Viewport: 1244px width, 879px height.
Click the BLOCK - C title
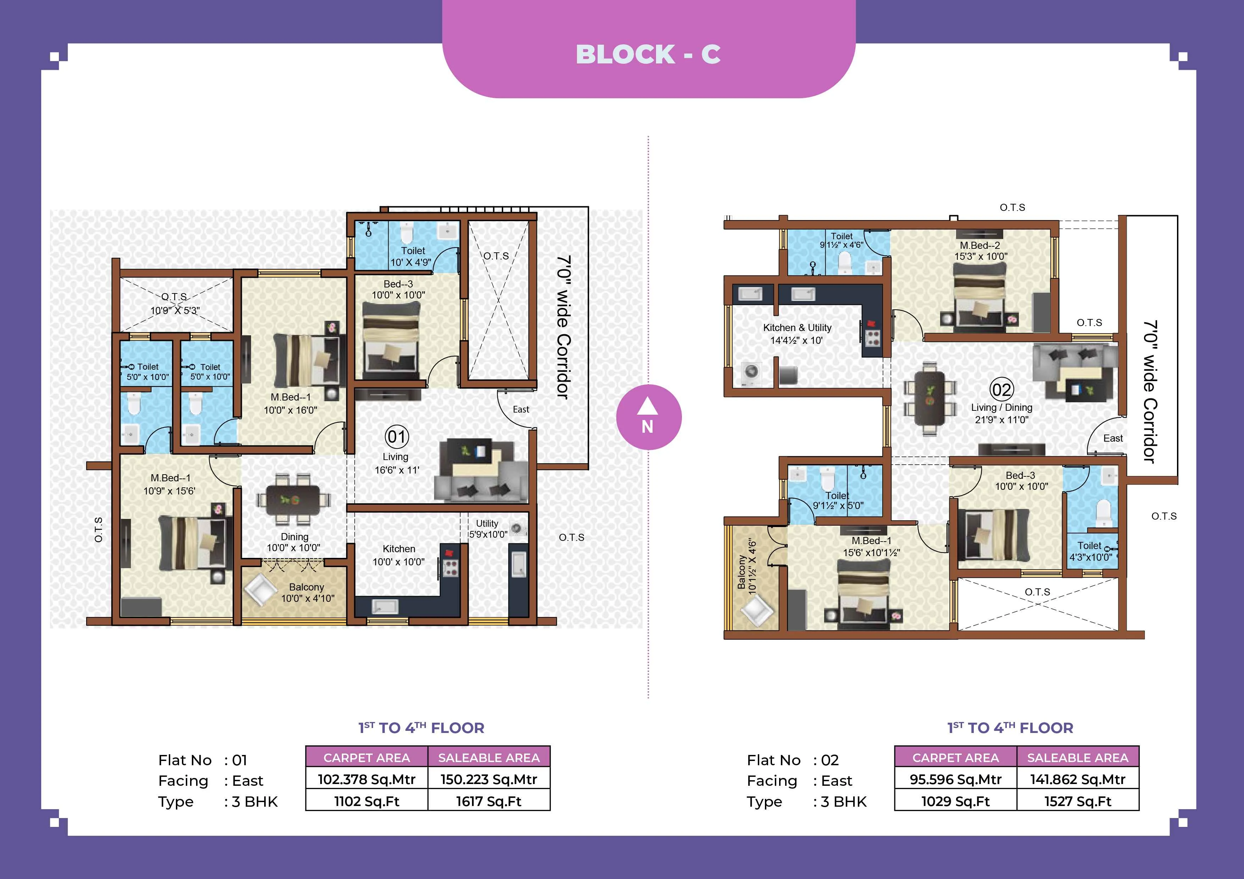[648, 54]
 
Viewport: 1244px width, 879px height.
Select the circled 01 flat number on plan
[396, 437]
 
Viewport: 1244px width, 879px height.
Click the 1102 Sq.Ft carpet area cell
[367, 801]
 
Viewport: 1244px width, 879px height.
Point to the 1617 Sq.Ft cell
[489, 801]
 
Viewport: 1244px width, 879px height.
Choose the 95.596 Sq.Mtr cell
[955, 779]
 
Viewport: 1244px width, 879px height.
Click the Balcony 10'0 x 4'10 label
[307, 593]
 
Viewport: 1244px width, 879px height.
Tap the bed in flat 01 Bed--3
[390, 341]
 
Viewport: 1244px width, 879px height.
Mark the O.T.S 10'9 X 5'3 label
[174, 303]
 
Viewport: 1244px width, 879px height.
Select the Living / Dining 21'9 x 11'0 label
[1001, 413]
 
